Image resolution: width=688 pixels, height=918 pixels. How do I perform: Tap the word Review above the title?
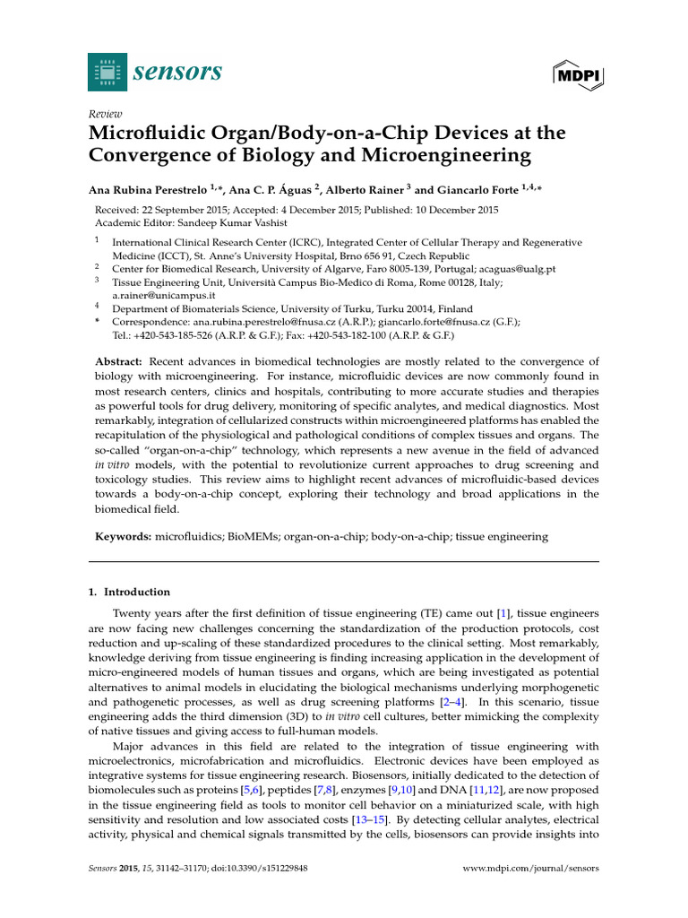coord(105,115)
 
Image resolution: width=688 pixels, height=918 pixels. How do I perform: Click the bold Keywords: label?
coord(124,536)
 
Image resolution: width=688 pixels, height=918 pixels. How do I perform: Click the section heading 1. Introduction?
coord(132,592)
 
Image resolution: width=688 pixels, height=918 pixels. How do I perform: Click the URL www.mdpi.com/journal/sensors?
coord(529,868)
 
